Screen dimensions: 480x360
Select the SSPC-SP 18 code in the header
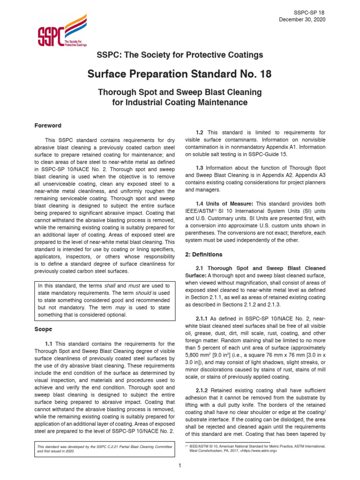(309, 11)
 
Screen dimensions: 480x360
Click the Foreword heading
(48, 126)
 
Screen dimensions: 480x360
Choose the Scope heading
(43, 330)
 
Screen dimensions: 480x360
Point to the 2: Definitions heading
(203, 254)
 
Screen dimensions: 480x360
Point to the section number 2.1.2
(203, 390)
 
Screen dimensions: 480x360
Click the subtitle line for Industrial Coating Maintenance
(180, 102)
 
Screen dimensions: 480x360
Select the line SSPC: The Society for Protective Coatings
(180, 55)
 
